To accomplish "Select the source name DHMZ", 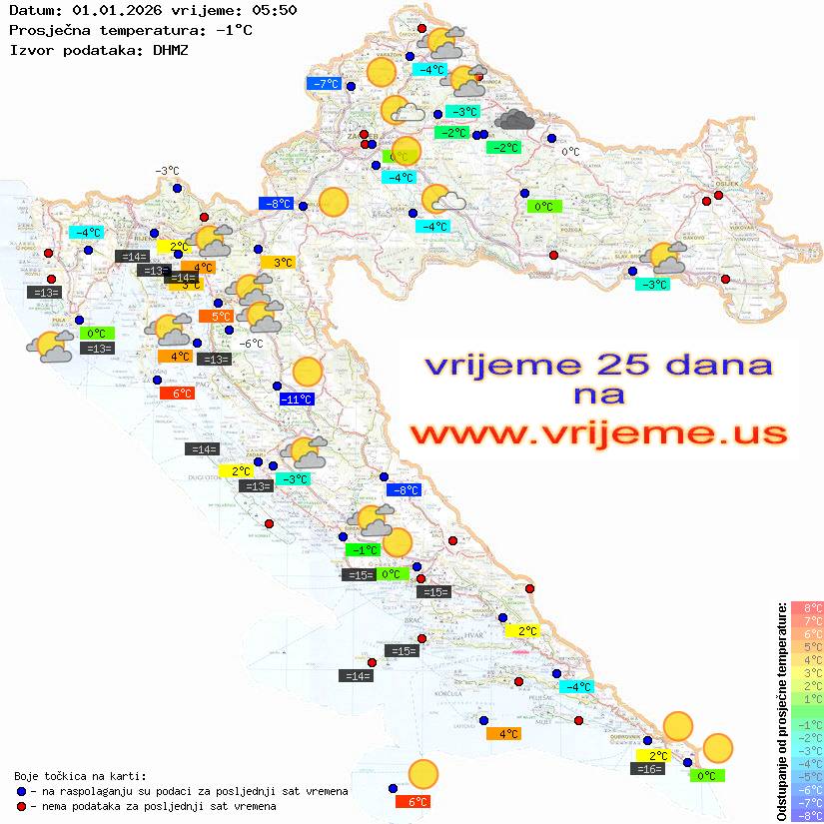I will [169, 49].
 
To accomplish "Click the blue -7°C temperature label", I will [326, 84].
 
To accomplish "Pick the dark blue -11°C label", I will [297, 400].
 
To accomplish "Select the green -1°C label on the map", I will [363, 550].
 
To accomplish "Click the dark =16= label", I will [648, 769].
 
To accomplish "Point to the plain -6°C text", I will [251, 344].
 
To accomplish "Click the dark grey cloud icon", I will [514, 120].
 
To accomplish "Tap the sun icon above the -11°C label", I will [307, 373].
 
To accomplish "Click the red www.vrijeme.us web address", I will [598, 433].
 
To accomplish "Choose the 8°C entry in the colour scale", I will [807, 607].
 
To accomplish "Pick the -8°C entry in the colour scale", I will [807, 816].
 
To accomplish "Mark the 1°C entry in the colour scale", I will [807, 698].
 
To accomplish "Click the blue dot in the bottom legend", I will [22, 791].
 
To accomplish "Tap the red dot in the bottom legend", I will [22, 806].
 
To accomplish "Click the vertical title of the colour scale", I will [782, 712].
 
